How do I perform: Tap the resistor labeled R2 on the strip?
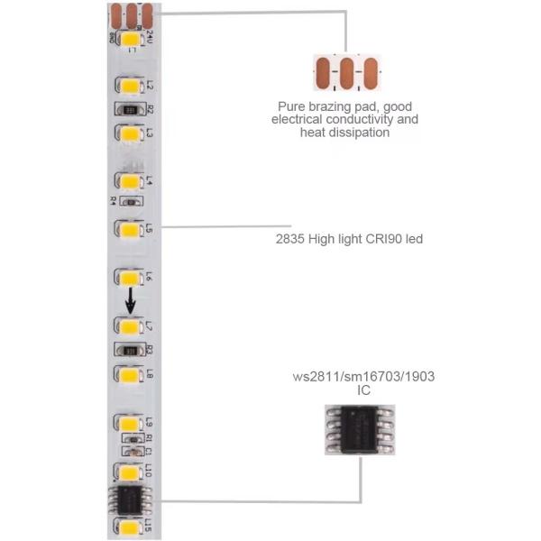coord(131,110)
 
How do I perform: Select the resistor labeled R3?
coord(131,350)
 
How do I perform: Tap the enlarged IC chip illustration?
coord(359,429)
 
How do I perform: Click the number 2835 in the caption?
coord(291,239)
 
